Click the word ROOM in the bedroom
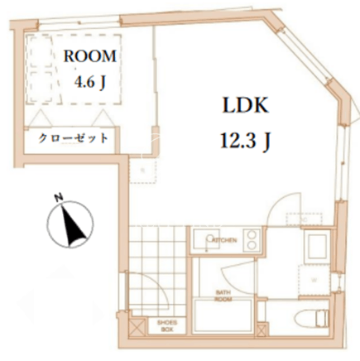[90, 56]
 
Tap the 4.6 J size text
[90, 83]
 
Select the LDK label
[245, 105]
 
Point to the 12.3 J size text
[245, 141]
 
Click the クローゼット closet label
[72, 138]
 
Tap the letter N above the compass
[59, 197]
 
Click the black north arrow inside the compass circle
[73, 224]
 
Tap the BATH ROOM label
[223, 296]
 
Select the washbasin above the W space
[317, 246]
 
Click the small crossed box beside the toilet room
[261, 329]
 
